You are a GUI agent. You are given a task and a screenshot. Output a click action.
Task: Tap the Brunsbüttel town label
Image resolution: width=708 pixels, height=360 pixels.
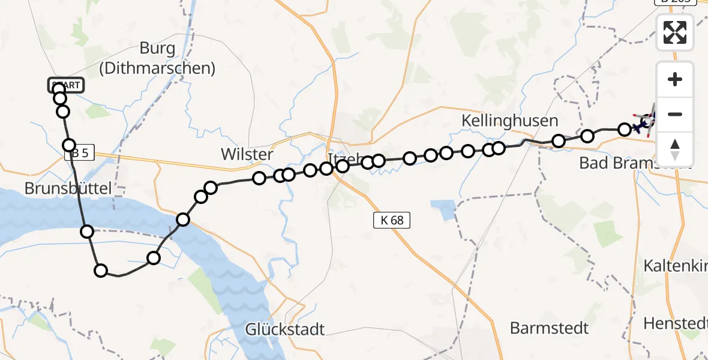coord(68,188)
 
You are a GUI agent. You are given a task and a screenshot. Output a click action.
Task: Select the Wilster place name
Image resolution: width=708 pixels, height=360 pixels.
coord(247,154)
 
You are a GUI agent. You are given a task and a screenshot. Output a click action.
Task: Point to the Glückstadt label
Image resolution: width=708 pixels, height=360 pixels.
coord(285,329)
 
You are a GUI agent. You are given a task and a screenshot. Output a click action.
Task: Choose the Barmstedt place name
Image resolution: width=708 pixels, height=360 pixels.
coord(549,328)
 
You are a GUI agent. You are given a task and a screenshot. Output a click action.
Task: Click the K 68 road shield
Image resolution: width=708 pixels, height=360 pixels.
coord(392,220)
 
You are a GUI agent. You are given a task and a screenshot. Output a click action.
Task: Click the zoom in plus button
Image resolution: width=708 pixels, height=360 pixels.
coord(675,79)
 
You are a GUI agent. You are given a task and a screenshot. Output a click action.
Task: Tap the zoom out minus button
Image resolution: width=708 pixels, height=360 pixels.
coord(675,114)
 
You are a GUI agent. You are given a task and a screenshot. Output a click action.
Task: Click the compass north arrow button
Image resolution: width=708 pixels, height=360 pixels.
coord(675,149)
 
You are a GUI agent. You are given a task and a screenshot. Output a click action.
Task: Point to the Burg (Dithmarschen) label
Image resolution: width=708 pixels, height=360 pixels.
coord(157,58)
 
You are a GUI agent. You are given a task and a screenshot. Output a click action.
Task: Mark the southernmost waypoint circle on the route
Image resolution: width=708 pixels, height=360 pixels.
coord(101,271)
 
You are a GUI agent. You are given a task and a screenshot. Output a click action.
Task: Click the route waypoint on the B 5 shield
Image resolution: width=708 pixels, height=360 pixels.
coord(69,145)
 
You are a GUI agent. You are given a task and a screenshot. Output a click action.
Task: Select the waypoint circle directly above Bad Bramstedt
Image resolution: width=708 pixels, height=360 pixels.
coord(624,129)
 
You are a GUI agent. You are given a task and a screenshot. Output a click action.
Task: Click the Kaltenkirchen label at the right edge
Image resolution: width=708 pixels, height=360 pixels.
coord(675,265)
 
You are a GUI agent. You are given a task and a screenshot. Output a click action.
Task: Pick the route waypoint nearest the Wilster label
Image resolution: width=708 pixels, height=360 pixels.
coord(259,178)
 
